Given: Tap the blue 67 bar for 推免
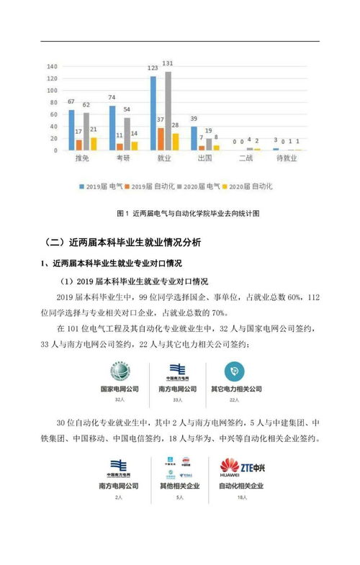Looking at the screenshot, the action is pyautogui.click(x=71, y=130).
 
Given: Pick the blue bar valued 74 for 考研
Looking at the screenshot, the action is pyautogui.click(x=112, y=128).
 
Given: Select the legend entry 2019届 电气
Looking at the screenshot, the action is pyautogui.click(x=104, y=186).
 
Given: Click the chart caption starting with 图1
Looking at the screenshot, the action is pyautogui.click(x=186, y=214).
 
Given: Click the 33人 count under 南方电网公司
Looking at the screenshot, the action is pyautogui.click(x=177, y=398).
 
